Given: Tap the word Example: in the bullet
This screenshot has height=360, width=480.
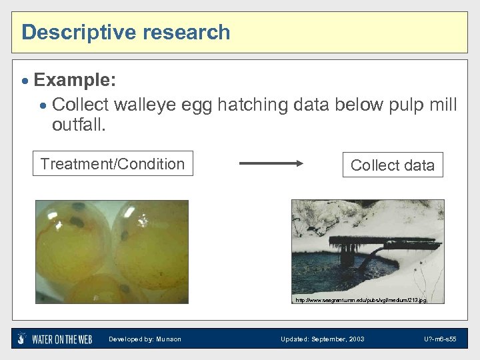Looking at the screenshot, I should coord(75,81).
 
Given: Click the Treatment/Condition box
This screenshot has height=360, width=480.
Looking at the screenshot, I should coord(113,164).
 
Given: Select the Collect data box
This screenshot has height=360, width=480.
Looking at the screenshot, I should coord(392,165).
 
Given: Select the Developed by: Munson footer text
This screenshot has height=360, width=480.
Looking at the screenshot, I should coord(145,339).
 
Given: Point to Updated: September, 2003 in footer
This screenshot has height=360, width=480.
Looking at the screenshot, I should coord(323,339).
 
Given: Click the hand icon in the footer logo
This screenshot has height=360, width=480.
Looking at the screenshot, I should coord(23,339).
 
